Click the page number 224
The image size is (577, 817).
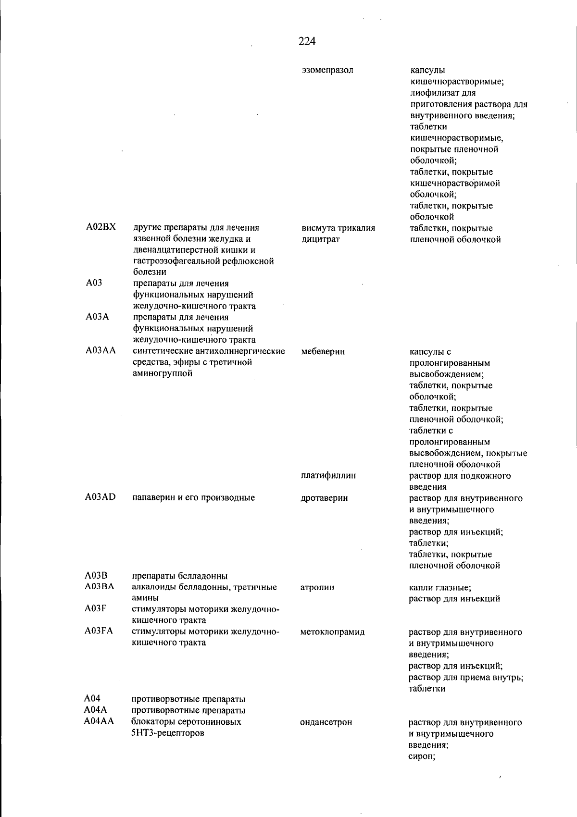pyautogui.click(x=307, y=41)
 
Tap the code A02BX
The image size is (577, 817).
pyautogui.click(x=101, y=227)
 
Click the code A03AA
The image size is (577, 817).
pyautogui.click(x=100, y=351)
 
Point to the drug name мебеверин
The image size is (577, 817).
pyautogui.click(x=323, y=351)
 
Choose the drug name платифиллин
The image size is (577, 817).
pyautogui.click(x=328, y=475)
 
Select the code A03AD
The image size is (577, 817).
pyautogui.click(x=100, y=497)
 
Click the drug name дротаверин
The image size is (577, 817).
pyautogui.click(x=324, y=498)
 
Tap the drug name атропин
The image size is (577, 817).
pyautogui.click(x=317, y=587)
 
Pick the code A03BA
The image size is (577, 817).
pyautogui.click(x=99, y=586)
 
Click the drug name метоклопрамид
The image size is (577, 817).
pyautogui.click(x=332, y=632)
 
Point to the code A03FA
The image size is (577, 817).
pyautogui.click(x=99, y=631)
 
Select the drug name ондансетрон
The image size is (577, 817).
pyautogui.click(x=326, y=722)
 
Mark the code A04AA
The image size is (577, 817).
pyautogui.click(x=99, y=721)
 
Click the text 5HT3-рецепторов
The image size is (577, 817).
pyautogui.click(x=167, y=733)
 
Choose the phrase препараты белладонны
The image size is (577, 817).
pyautogui.click(x=179, y=576)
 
